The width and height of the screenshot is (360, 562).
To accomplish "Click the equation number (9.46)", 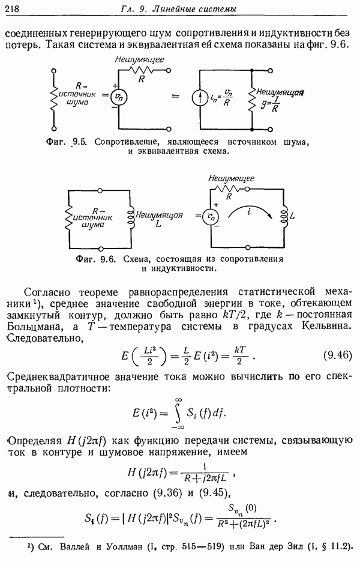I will point(337,355).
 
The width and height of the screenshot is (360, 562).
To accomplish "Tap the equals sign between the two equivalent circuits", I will point(175,95).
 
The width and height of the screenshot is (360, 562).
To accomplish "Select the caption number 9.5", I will point(79,142).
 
